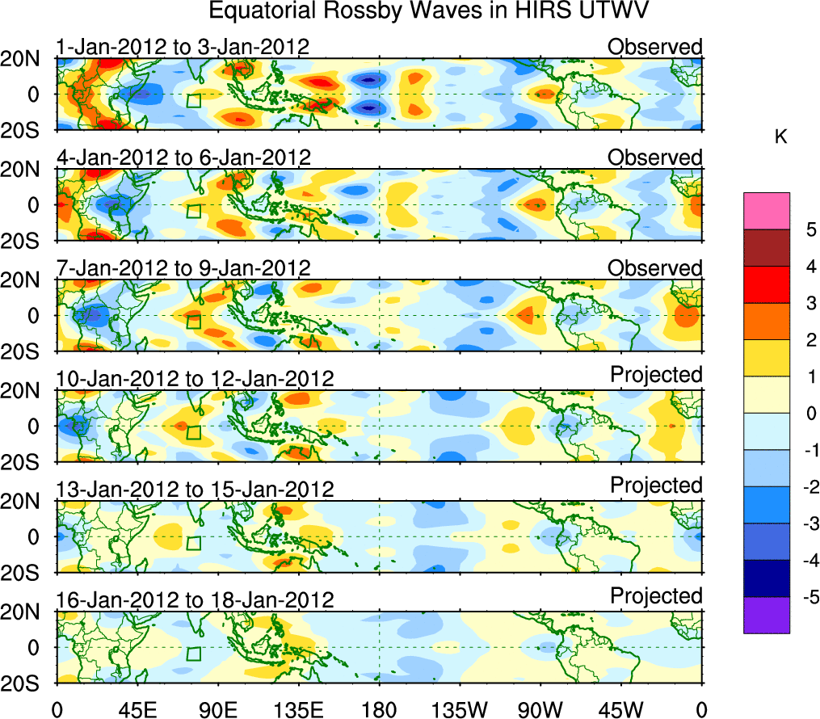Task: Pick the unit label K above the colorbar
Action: point(780,137)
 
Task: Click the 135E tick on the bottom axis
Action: point(298,708)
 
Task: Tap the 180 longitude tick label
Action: point(380,708)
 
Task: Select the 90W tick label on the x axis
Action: point(540,708)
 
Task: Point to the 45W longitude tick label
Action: point(620,708)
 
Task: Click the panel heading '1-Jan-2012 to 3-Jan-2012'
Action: point(183,47)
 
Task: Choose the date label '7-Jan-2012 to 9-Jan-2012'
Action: point(183,267)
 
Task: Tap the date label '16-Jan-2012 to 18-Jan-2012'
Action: point(195,600)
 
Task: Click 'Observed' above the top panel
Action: point(655,47)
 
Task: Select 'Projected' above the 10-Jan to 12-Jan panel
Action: point(656,375)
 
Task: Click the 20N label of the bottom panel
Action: point(27,612)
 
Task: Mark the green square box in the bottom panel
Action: point(193,654)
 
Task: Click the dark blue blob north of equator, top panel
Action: point(369,80)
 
